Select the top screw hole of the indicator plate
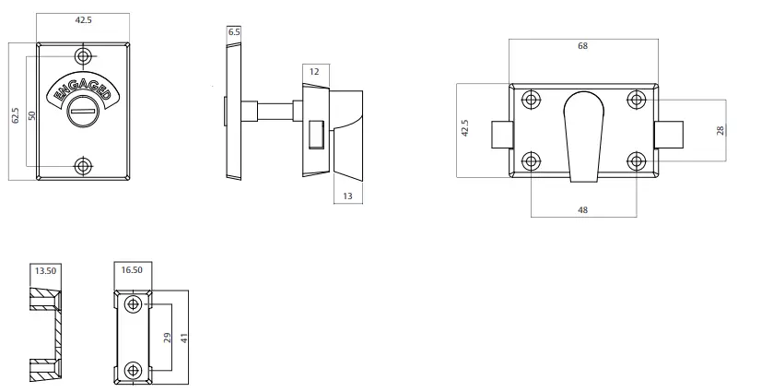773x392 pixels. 84,58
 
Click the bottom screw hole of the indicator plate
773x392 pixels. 84,166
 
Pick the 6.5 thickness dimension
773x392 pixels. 234,32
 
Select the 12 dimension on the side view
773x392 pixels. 313,71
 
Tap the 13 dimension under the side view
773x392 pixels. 347,195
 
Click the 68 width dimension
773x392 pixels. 582,45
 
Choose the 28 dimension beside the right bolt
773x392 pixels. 720,130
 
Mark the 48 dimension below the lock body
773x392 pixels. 582,210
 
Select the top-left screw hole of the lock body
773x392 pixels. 531,100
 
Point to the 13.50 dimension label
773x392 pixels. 45,272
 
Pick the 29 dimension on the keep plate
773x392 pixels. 166,338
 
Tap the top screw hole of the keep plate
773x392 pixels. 135,303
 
